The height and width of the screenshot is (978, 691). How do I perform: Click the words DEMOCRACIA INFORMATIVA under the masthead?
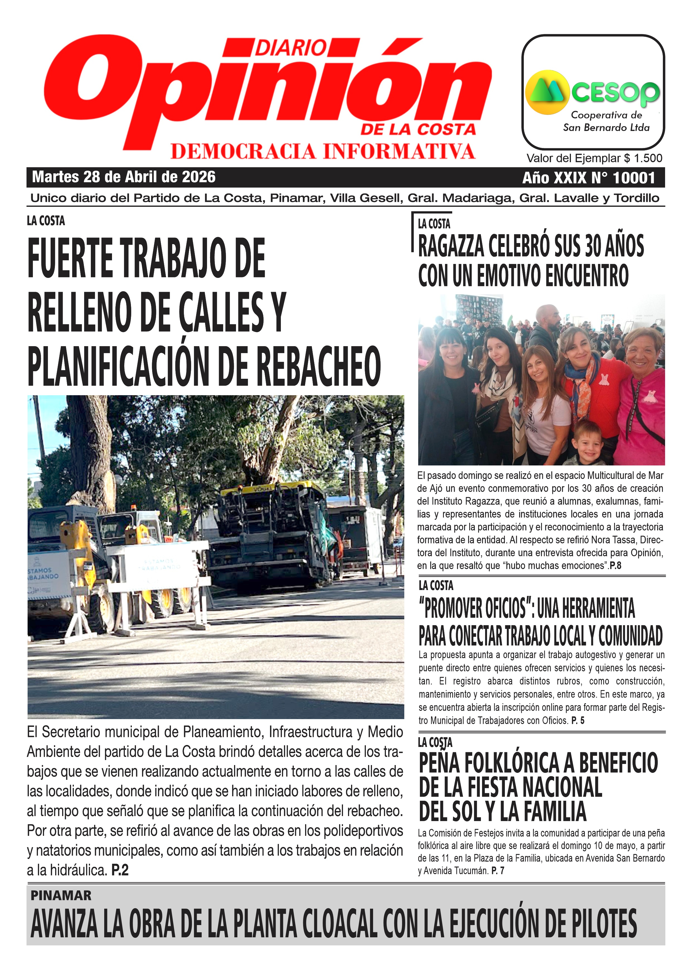click(x=323, y=152)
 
